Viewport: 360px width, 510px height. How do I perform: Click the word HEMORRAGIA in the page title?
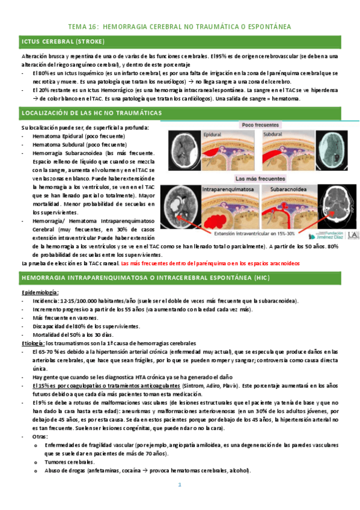coord(127,27)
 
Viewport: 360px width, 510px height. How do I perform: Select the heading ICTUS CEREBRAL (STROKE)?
coord(63,41)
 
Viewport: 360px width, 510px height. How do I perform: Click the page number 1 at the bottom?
coord(179,485)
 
